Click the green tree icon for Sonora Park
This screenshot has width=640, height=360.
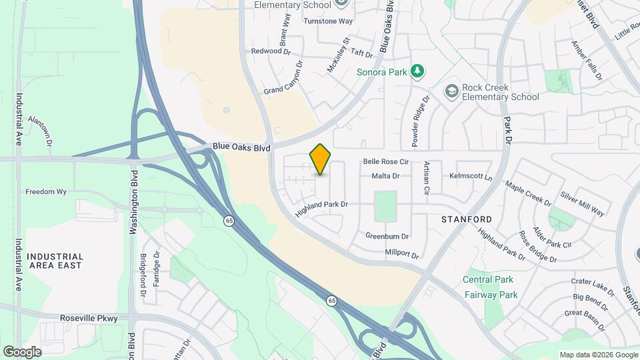coord(417,70)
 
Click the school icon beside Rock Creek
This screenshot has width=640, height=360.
coord(452,91)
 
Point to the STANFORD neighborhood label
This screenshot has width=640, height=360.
coord(467,219)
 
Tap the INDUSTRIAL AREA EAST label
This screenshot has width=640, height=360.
coord(55,261)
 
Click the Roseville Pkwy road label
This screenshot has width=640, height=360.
coord(89,319)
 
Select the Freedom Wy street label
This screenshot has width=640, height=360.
coord(46,192)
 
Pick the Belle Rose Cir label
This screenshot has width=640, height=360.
coord(385,162)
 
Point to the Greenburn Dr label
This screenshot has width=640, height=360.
coord(387,236)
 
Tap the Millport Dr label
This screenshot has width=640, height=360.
coord(401,254)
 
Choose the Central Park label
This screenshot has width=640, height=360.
coord(488,279)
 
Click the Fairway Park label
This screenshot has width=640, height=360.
coord(491,295)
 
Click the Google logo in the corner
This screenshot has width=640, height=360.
coord(22,351)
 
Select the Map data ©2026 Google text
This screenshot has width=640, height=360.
coord(597,355)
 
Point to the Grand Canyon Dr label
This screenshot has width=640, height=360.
coord(283,78)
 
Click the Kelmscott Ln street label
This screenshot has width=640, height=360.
coord(470,177)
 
